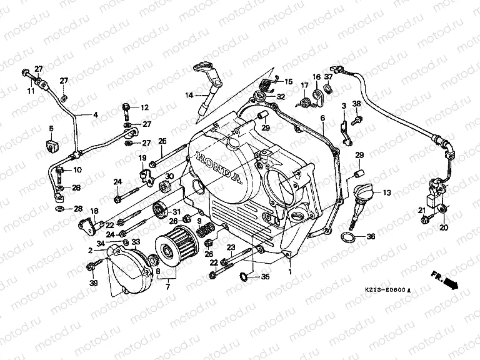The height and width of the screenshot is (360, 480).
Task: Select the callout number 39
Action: (x=93, y=283)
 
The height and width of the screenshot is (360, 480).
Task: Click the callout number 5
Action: (x=51, y=129)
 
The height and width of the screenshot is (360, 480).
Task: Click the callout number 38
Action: (x=356, y=104)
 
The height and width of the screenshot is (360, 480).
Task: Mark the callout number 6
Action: (x=322, y=117)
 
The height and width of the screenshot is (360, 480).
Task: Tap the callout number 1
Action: (x=289, y=272)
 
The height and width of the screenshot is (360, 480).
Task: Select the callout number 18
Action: (x=95, y=211)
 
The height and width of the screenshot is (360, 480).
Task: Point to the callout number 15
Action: (x=288, y=82)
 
